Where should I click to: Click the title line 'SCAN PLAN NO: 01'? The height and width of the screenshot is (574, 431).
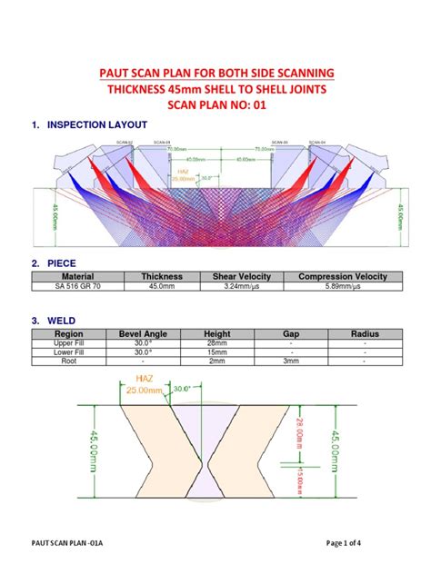(x=215, y=105)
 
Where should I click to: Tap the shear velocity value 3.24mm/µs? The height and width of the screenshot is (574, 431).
(x=236, y=285)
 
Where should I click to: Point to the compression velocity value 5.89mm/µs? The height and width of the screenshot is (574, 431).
(x=343, y=285)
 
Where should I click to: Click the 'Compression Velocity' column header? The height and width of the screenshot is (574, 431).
(x=343, y=276)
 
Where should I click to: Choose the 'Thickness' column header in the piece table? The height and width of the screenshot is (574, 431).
(x=162, y=276)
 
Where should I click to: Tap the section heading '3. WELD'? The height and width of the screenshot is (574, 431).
(x=55, y=320)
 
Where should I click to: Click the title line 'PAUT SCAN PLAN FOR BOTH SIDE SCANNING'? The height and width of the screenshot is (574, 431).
(x=215, y=72)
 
